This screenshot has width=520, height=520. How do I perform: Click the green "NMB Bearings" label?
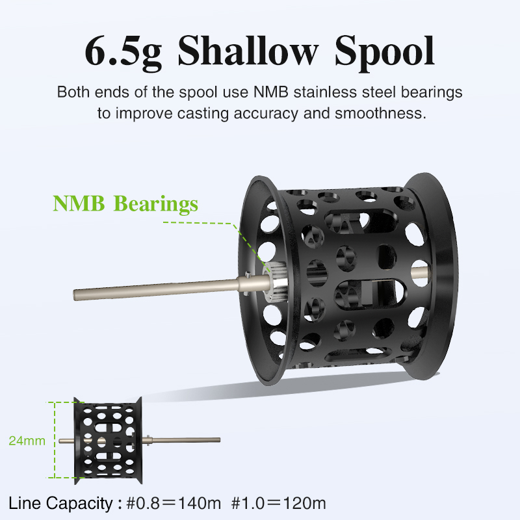125,203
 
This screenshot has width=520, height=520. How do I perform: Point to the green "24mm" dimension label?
27,441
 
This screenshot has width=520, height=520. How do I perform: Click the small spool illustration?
107,439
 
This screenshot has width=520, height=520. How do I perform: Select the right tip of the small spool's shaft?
218,441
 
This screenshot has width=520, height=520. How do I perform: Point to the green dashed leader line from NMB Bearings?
195,223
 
